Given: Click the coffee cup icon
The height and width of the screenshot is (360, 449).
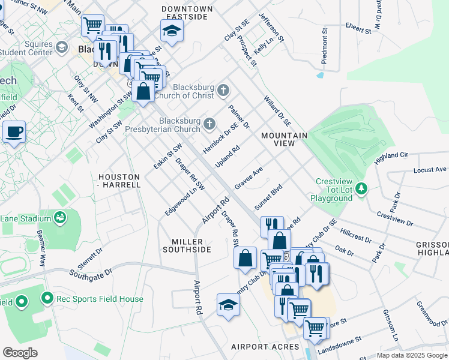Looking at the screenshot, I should tap(14, 131).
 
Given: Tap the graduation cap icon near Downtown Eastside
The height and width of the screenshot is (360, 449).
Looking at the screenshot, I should tap(172, 30).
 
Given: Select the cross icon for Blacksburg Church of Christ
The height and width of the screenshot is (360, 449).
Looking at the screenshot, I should tap(223, 91).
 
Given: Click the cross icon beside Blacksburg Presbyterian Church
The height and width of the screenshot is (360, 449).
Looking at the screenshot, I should tap(209, 124).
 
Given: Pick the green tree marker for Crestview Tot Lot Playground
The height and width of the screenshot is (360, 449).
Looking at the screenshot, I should tap(361, 189).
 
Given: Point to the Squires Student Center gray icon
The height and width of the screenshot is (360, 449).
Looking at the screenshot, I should tap(61, 47).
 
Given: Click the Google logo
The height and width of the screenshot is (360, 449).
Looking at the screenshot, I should tap(20, 353).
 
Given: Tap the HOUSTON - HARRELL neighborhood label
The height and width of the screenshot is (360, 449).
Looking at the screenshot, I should tap(119, 181).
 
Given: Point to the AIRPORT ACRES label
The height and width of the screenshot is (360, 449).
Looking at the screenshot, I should tap(265, 347).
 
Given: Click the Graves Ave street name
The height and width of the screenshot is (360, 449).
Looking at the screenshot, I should tap(249, 178).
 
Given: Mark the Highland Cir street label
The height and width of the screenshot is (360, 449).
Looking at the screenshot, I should tap(391, 158).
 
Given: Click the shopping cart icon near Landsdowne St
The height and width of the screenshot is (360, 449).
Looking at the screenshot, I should tap(315, 328).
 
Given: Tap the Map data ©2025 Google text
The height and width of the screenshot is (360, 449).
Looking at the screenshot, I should tap(412, 355).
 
